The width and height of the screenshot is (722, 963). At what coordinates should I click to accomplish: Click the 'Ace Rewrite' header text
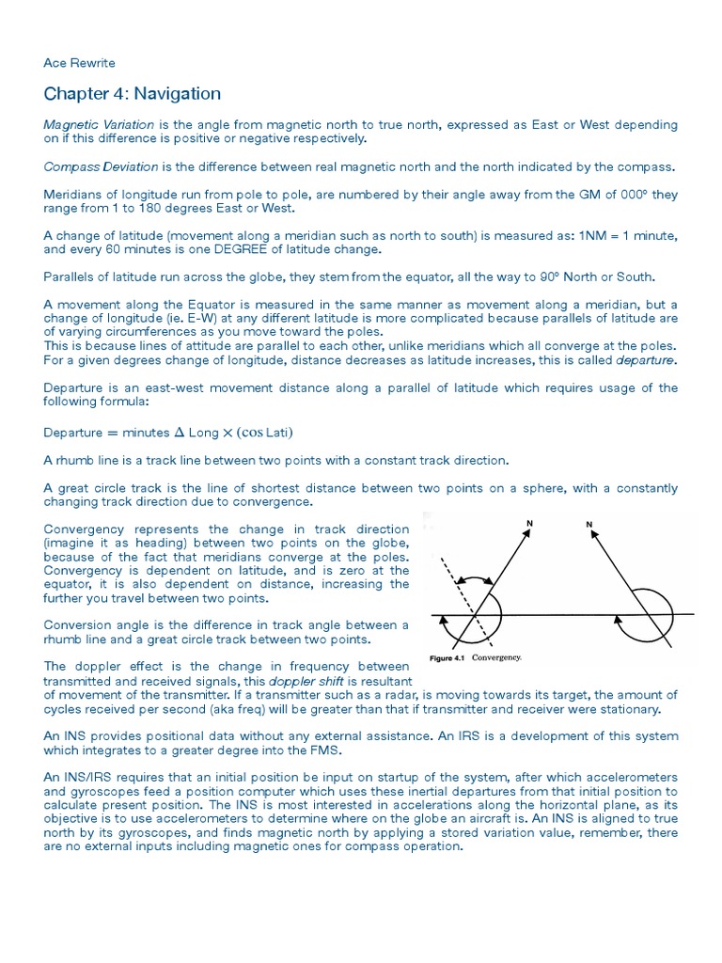pos(79,63)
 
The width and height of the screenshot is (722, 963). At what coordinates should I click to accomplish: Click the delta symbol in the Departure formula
pos(179,433)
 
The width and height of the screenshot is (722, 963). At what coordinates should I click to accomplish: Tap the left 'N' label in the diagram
pos(529,523)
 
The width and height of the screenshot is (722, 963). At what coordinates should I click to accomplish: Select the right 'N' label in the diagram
pos(589,523)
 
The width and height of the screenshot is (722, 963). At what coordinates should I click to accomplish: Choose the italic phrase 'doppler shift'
pos(301,680)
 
